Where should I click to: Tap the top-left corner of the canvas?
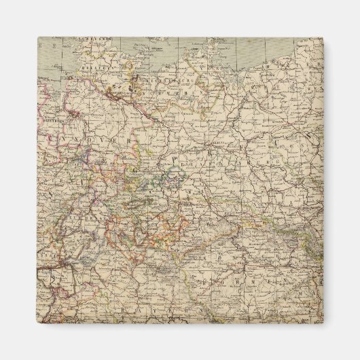pos(38,37)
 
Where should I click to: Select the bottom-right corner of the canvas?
pos(323,323)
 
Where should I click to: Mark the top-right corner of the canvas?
pos(323,37)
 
